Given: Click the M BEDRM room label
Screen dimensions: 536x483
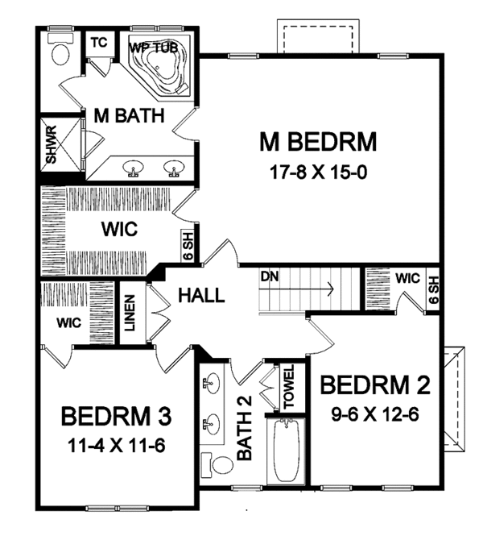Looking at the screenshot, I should (x=317, y=143).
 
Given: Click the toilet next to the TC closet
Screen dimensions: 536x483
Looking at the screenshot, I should (x=60, y=53).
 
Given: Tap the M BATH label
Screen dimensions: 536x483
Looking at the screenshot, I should (x=129, y=115).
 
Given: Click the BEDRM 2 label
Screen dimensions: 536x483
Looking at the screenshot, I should (x=374, y=385).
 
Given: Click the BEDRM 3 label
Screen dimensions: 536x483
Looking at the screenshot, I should (x=117, y=417).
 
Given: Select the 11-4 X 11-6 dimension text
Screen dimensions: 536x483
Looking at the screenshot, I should (x=117, y=445).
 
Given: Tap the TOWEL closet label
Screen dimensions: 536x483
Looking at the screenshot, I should (x=287, y=387).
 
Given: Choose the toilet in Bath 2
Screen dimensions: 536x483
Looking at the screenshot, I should (x=211, y=465).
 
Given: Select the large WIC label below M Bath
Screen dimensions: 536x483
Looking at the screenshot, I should (x=120, y=230).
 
